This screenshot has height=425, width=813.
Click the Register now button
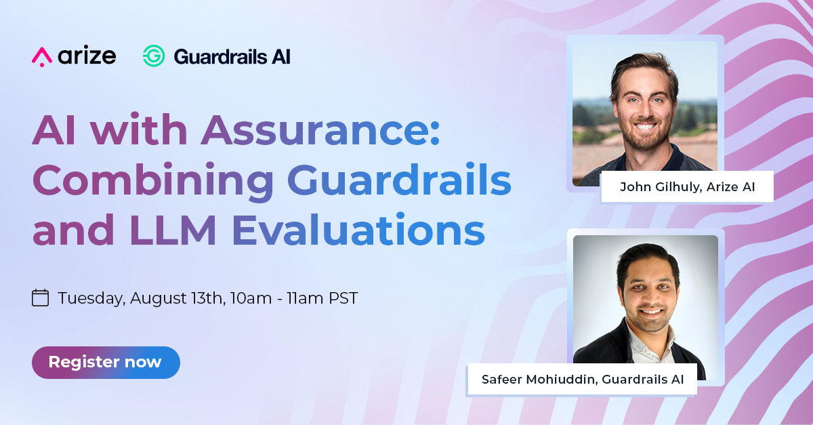coord(106,362)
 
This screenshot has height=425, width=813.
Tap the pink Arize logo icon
coord(41,56)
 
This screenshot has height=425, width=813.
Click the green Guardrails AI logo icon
coord(154,56)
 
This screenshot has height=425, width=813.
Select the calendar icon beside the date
coord(41,298)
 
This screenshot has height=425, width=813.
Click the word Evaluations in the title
coord(358,230)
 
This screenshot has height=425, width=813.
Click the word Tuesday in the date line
coord(90,298)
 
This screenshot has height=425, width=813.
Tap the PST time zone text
coord(342,298)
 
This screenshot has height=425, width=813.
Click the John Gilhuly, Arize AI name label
coord(687,187)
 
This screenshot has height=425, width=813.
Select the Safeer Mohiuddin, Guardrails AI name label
coord(582,380)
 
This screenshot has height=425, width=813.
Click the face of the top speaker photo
coord(644,102)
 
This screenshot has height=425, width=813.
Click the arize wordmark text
coord(87,56)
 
